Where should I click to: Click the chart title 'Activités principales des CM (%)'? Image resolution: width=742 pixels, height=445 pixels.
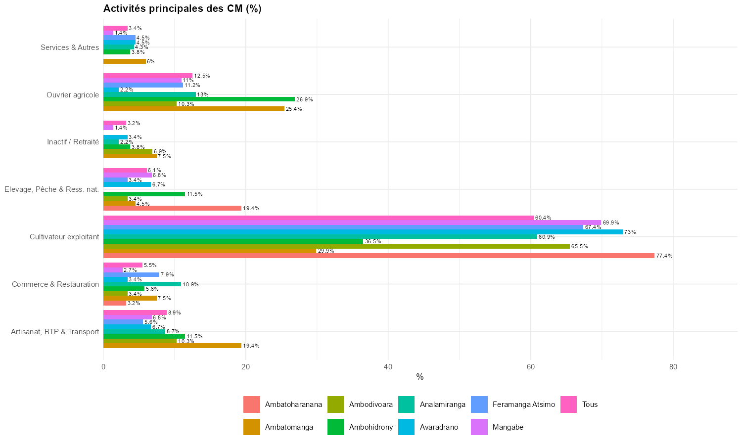coord(182,8)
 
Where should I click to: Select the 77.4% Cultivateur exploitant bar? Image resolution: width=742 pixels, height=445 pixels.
coord(378,256)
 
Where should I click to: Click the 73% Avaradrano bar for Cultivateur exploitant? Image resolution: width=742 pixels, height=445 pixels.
coord(363,232)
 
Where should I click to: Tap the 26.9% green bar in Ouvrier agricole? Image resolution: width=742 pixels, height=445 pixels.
coord(199,99)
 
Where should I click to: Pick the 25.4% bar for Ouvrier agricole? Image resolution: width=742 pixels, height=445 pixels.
coord(193,109)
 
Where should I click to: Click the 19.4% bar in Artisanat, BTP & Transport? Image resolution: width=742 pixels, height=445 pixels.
coord(172,346)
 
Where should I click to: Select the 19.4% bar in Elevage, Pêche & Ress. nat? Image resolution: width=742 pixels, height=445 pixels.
coord(172,208)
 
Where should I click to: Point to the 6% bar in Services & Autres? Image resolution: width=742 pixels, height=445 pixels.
coord(124,61)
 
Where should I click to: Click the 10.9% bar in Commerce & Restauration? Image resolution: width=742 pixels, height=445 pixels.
coord(142,284)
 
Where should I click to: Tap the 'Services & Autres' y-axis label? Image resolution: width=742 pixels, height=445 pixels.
coord(70,47)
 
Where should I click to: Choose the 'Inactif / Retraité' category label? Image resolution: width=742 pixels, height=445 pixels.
coord(73,142)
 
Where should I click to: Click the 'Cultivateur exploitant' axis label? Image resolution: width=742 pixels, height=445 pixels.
coord(64,237)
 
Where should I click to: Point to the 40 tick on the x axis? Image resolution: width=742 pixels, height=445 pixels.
coord(388,367)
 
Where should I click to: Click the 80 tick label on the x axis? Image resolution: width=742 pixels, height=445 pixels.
coord(673,367)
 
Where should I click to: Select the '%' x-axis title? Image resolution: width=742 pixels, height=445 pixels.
coord(420,377)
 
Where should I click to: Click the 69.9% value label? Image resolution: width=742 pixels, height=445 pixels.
coord(610,223)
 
